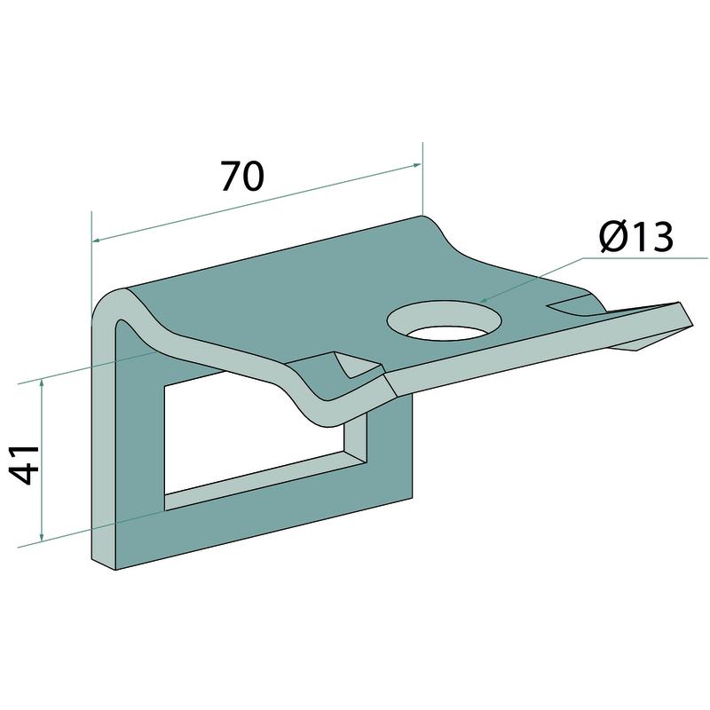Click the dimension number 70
pyautogui.click(x=242, y=176)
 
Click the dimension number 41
pyautogui.click(x=24, y=465)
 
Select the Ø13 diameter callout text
pyautogui.click(x=636, y=238)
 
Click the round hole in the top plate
pyautogui.click(x=445, y=320)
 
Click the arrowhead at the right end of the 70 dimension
pyautogui.click(x=415, y=165)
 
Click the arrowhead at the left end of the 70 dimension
pyautogui.click(x=98, y=240)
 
